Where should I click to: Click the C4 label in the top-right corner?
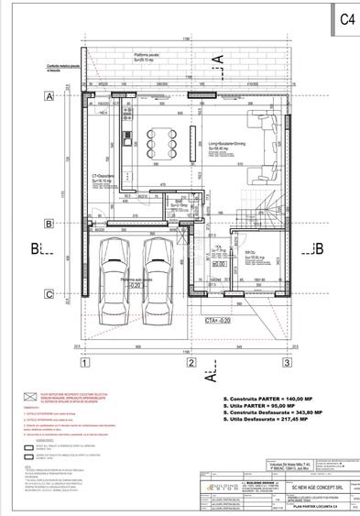346,18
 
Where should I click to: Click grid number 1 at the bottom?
84,362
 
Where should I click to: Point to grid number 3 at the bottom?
287,362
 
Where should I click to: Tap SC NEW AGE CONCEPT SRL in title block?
302,477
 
